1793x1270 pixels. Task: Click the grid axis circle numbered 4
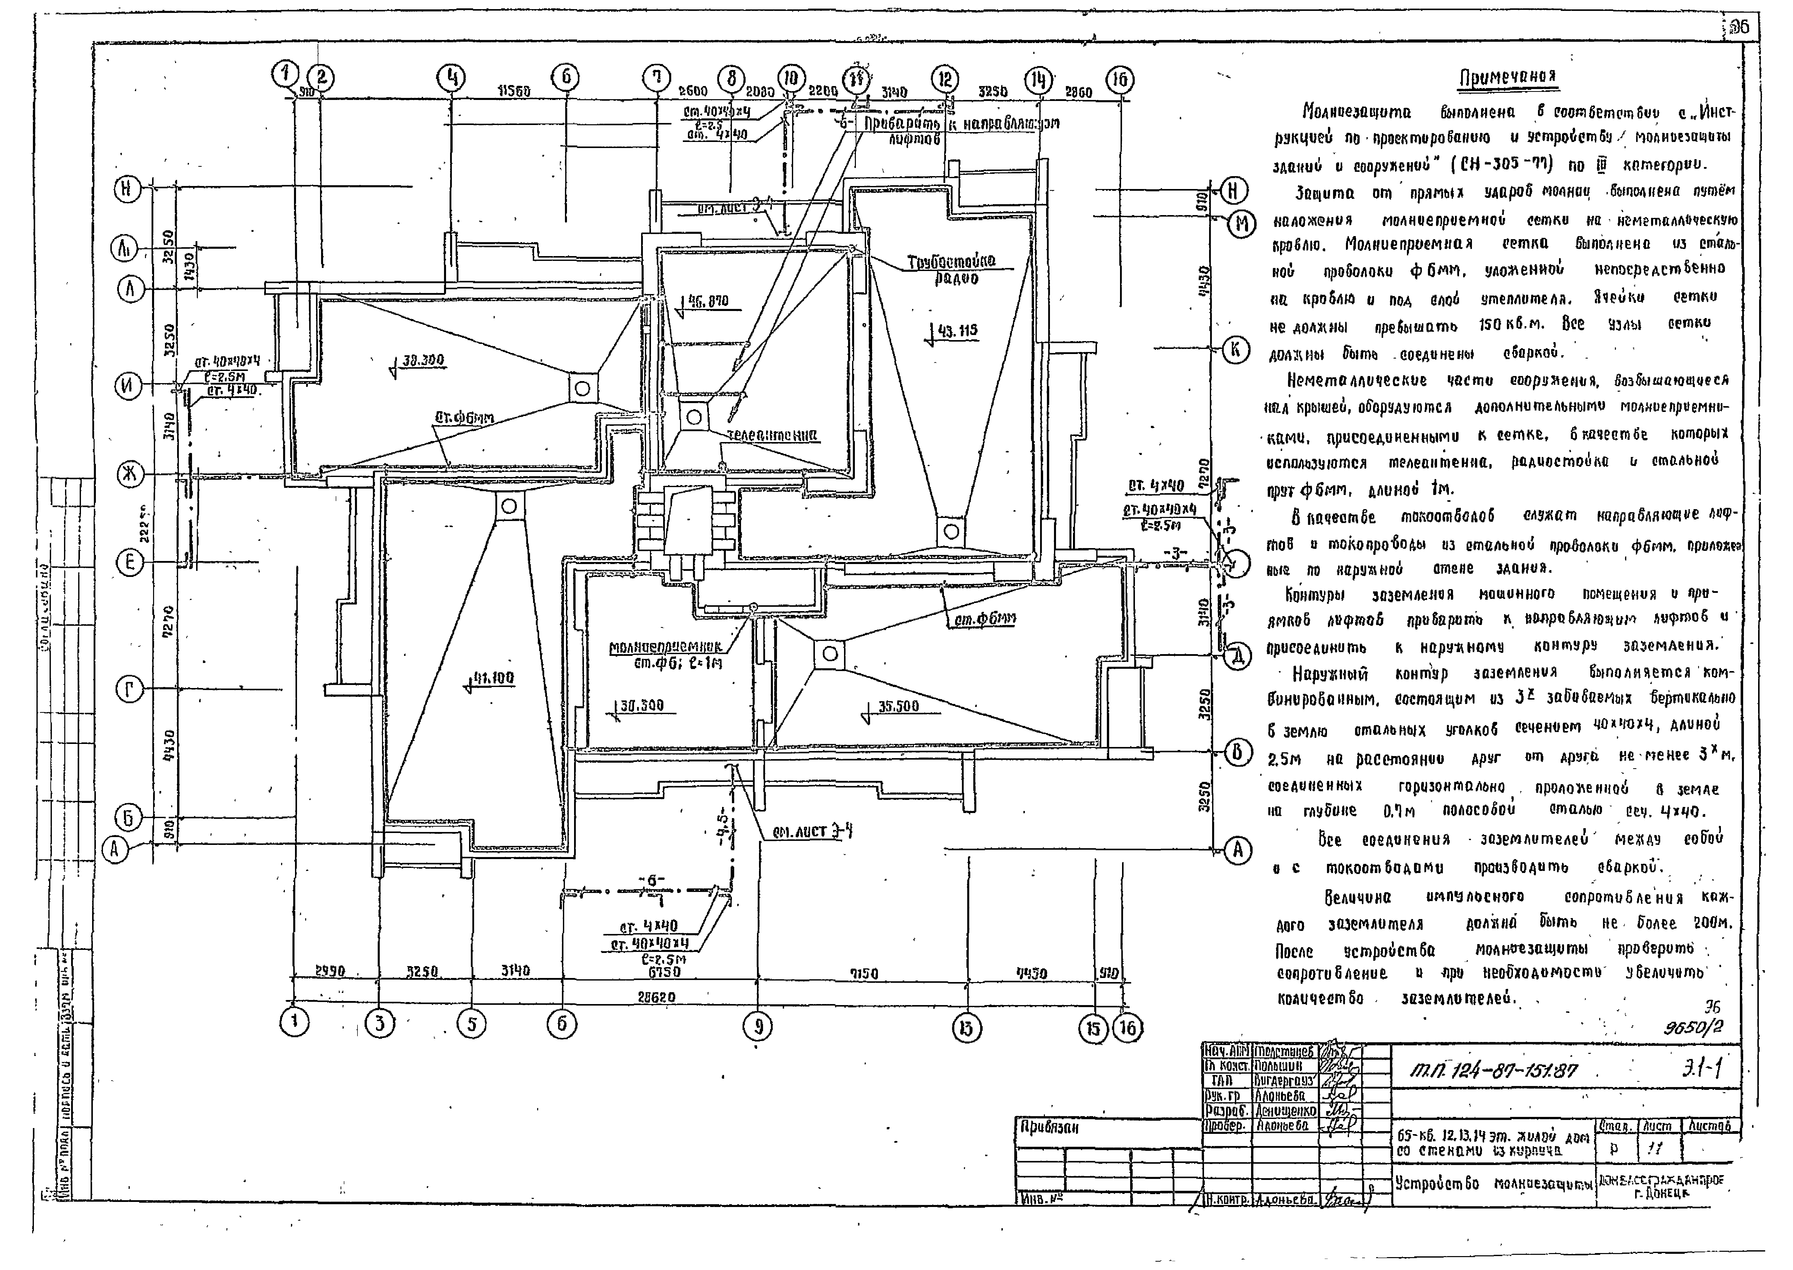coord(451,78)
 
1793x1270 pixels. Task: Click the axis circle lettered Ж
coord(130,474)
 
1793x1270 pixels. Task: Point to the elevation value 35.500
coord(898,706)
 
